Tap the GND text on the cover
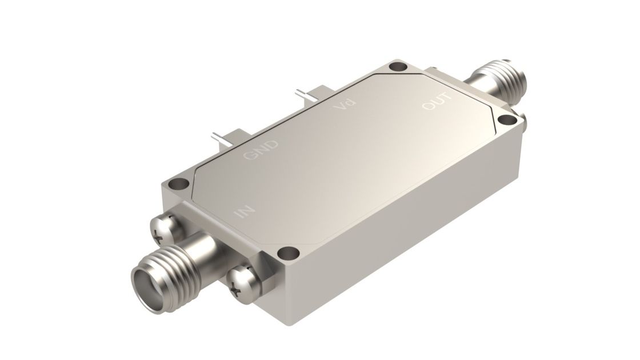[x=261, y=150]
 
